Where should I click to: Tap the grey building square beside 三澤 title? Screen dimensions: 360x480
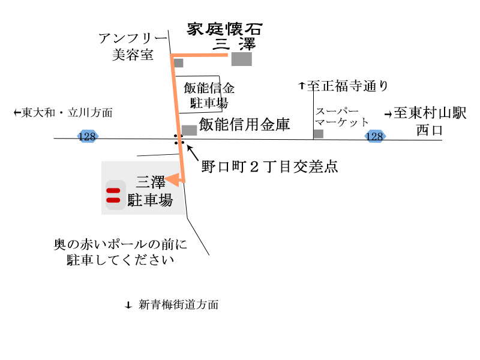coord(242,59)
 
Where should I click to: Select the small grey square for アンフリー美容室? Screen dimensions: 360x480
coord(178,62)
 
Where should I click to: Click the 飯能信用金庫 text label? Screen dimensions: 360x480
coord(245,125)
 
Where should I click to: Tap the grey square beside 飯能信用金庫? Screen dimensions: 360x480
coord(189,130)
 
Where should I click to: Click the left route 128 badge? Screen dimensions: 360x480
coord(87,137)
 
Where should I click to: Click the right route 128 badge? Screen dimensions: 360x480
coord(375,137)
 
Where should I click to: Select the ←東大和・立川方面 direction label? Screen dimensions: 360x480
coord(63,112)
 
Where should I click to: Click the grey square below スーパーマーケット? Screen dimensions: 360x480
coord(318,133)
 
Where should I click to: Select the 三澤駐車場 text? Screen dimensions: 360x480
coord(154,190)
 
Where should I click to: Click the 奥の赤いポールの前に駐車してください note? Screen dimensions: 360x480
coord(120,252)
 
